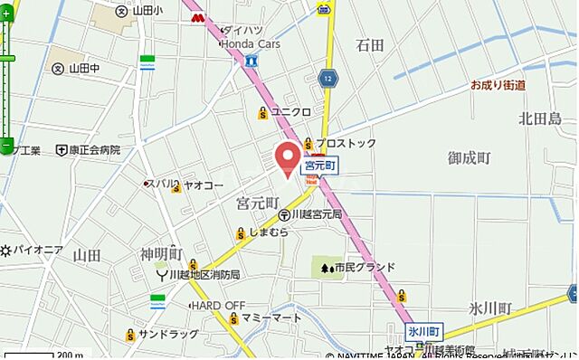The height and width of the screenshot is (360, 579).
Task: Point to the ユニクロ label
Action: point(290,112)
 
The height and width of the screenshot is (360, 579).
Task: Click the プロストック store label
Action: point(346,143)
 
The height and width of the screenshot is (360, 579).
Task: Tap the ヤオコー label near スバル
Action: point(204,185)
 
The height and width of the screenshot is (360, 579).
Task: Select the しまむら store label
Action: point(270,232)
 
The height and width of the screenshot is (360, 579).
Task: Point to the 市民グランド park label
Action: point(365,267)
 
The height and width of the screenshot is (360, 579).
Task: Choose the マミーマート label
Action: point(271,318)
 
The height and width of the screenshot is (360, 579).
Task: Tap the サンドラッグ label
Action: point(168,334)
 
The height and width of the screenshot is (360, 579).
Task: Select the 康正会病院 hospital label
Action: point(96,149)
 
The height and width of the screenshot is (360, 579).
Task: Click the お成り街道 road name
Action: point(498,85)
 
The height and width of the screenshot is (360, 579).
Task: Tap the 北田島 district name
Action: point(540,118)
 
